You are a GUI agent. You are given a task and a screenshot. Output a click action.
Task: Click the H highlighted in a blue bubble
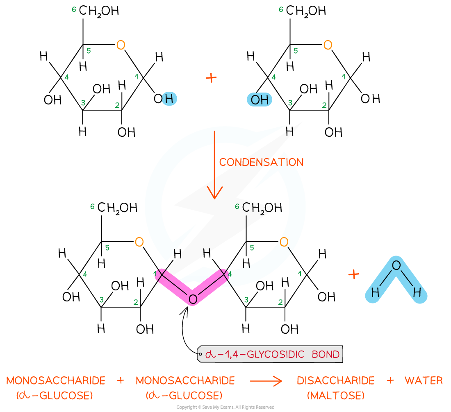(x=169, y=99)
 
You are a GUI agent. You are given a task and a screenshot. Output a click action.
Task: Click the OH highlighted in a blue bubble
(x=260, y=100)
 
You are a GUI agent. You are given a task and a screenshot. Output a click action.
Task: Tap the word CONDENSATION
(x=261, y=162)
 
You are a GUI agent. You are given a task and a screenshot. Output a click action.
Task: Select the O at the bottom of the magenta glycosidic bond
(x=192, y=300)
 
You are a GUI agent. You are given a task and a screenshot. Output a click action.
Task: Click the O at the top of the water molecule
(x=396, y=265)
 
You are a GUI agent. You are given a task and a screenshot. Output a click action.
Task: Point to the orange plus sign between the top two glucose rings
(x=211, y=77)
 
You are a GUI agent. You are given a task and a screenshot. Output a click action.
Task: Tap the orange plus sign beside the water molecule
(x=353, y=274)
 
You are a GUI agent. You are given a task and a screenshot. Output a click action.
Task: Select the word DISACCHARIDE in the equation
(x=335, y=380)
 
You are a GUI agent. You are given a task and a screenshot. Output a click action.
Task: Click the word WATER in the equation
(x=424, y=380)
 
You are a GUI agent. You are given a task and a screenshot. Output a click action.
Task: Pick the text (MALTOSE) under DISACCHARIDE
(x=335, y=396)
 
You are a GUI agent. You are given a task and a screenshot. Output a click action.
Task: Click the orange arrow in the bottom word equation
(x=266, y=381)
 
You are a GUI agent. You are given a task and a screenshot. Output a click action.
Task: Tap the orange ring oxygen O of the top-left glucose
(x=121, y=45)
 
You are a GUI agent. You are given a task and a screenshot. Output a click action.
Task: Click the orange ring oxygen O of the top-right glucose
(x=328, y=45)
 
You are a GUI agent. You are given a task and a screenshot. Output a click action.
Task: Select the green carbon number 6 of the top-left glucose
(x=74, y=9)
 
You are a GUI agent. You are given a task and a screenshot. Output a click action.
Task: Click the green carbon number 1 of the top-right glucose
(x=344, y=77)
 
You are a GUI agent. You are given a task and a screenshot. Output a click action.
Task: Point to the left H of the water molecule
(x=374, y=292)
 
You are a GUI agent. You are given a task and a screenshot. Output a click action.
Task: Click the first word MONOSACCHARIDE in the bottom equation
(x=56, y=380)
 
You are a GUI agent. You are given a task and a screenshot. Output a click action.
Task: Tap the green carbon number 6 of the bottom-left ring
(x=92, y=206)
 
